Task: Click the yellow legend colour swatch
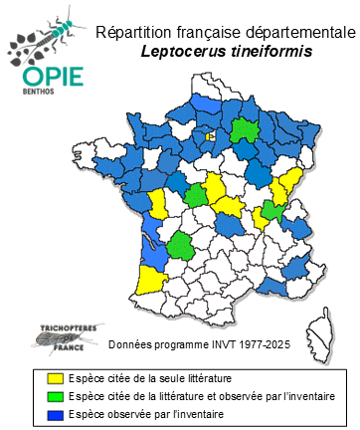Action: point(56,378)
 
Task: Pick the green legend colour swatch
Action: point(56,396)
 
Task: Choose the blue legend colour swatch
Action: point(56,414)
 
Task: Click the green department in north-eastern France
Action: point(245,130)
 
